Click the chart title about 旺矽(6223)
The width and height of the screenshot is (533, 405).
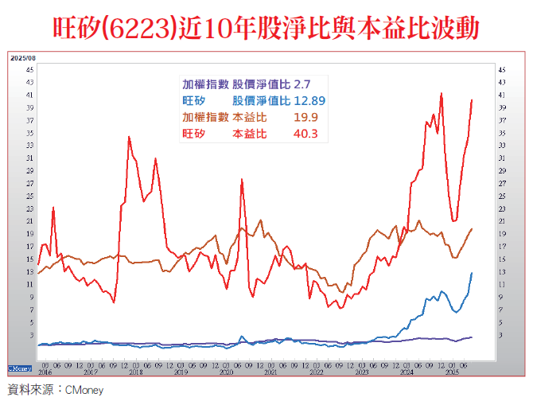(x=266, y=29)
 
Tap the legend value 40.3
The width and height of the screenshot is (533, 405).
(x=305, y=134)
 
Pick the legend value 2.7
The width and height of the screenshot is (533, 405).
(x=302, y=84)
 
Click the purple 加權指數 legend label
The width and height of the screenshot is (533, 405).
(x=205, y=84)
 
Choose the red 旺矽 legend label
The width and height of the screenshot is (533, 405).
(x=194, y=134)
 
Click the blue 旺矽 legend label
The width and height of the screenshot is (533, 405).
(x=194, y=100)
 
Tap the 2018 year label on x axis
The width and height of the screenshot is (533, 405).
(x=136, y=372)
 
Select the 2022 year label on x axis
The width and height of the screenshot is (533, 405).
(x=317, y=372)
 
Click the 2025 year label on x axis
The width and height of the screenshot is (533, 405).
(x=453, y=372)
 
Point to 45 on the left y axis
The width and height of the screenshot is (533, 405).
(x=29, y=69)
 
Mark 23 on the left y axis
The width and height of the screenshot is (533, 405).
(x=29, y=208)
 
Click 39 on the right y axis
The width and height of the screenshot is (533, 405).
(x=501, y=107)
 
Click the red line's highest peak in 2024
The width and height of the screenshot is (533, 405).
(x=442, y=93)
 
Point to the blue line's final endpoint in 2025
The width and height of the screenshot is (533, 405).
(x=473, y=273)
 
